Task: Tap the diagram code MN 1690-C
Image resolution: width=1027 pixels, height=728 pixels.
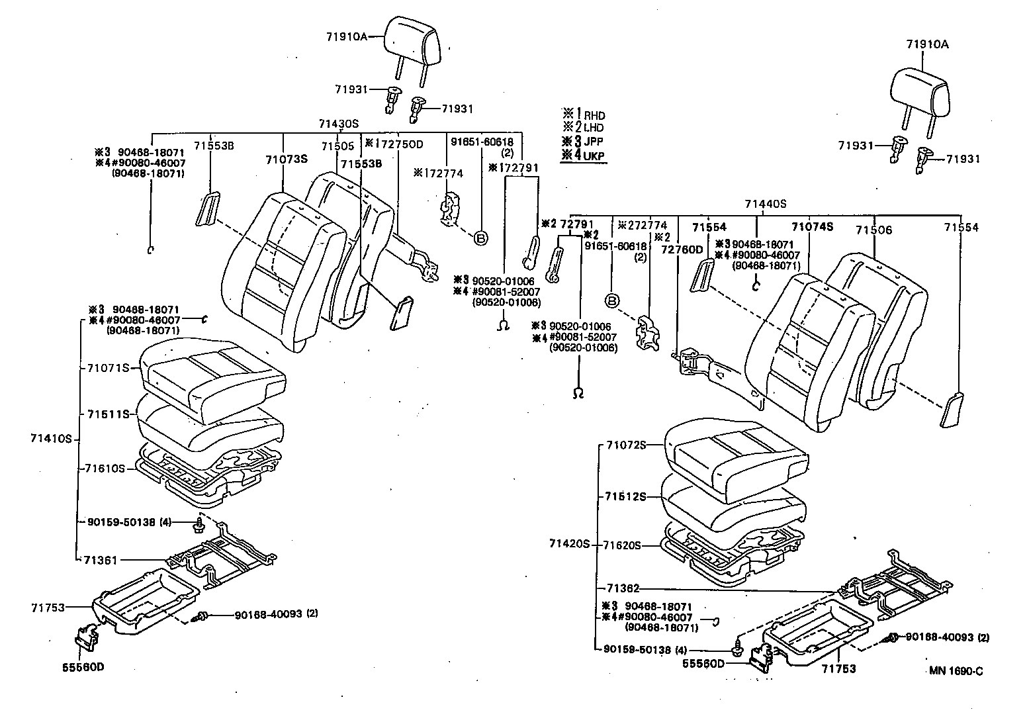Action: coord(956,670)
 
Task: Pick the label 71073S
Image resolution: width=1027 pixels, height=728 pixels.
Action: coord(287,159)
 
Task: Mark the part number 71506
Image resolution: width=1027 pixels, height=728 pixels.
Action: coord(873,230)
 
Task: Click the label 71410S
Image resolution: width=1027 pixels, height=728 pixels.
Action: coord(50,438)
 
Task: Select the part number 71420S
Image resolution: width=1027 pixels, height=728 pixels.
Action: coord(568,544)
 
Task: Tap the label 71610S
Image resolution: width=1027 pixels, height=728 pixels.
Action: coord(105,468)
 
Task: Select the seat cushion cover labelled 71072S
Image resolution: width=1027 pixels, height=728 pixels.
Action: coord(735,457)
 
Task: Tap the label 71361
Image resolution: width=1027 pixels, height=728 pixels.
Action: coord(101,560)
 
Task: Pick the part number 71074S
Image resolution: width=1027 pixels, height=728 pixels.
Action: coord(813,227)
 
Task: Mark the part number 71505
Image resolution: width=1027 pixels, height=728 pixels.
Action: coord(337,146)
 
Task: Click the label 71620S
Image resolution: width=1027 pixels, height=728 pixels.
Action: coord(622,545)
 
